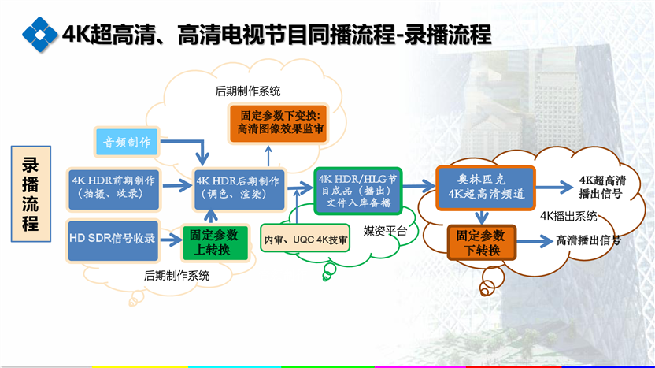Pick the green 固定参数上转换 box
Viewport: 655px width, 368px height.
[210, 241]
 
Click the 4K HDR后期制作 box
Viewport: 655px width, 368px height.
[240, 187]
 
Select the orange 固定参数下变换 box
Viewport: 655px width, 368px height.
[278, 121]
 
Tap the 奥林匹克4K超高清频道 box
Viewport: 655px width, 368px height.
[485, 186]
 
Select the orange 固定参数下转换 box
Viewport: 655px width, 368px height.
[480, 243]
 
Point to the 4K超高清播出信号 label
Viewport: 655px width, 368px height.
[601, 185]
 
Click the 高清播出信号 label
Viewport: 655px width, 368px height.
[588, 240]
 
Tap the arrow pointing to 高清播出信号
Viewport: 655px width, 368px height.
[532, 242]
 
